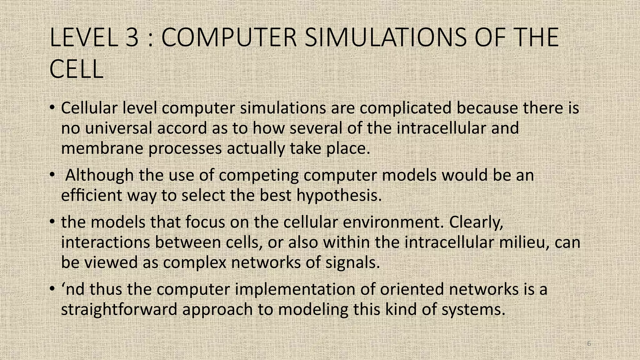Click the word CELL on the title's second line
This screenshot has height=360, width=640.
click(76, 69)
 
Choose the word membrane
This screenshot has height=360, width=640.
click(102, 148)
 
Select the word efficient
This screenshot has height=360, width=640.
click(91, 196)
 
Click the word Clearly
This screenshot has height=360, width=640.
click(476, 222)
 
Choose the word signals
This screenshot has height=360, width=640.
click(352, 262)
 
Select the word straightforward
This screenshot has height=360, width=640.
click(119, 309)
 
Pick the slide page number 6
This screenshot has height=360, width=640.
click(589, 344)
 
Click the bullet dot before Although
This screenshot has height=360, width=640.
click(52, 175)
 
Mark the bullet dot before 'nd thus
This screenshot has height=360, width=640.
click(52, 289)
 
